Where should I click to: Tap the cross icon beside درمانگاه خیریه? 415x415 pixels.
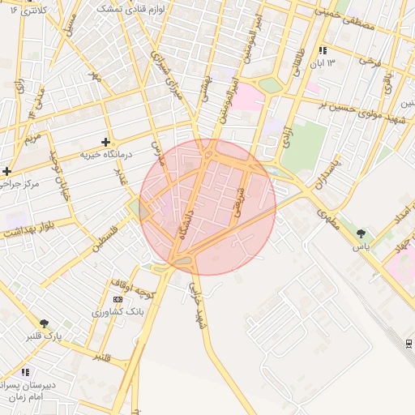click(105, 142)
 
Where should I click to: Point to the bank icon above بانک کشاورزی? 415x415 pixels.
click(118, 300)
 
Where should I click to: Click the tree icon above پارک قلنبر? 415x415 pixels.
click(44, 323)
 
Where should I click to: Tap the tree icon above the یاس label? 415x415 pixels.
click(361, 233)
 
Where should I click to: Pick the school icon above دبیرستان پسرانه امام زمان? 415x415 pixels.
click(25, 372)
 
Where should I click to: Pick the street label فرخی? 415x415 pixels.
click(370, 62)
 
